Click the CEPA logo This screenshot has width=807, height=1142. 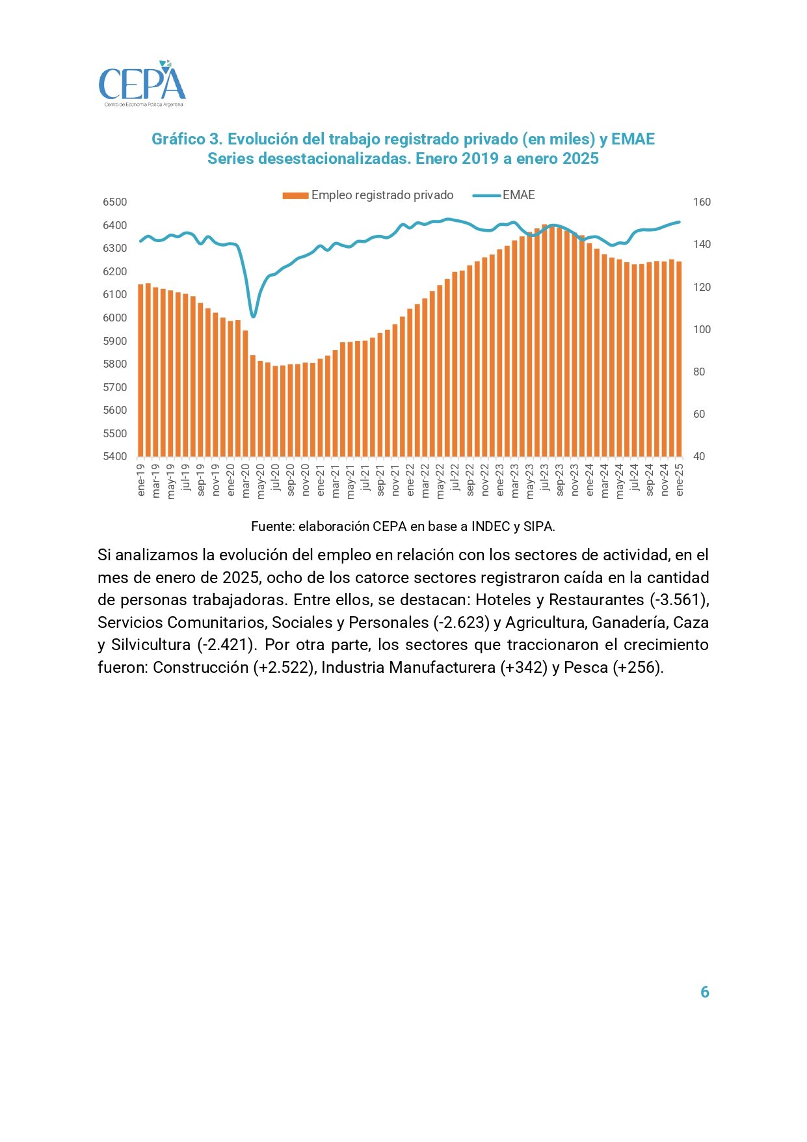point(142,84)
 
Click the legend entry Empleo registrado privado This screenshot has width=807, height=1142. point(368,195)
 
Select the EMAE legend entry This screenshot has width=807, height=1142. point(503,195)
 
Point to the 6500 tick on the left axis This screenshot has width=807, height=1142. point(115,202)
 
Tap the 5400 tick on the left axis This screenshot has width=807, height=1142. point(115,456)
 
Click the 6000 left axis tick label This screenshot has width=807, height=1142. point(115,318)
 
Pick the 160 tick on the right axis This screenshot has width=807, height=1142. point(702,202)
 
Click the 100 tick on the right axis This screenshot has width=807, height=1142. point(702,329)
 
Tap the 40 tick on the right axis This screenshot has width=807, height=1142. point(699,456)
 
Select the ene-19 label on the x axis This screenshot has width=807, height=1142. point(141,479)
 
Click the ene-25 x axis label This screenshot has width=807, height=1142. point(680,479)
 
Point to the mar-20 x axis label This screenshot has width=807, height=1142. point(246,480)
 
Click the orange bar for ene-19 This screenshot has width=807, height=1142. point(140,370)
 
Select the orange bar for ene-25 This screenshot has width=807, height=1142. point(679,359)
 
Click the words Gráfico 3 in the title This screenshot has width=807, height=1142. point(187,139)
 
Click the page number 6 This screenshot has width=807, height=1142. point(704,992)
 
